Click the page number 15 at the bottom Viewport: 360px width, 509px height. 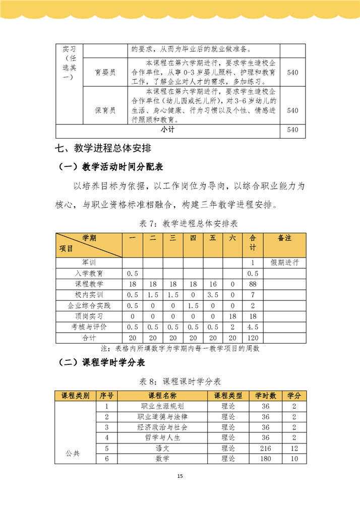[x=180, y=476]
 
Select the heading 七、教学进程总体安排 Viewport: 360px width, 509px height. [x=101, y=148]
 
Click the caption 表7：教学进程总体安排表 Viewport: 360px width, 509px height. [x=180, y=224]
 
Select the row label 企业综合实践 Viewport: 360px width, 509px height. [x=89, y=305]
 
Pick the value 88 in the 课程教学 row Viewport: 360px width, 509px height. [x=253, y=284]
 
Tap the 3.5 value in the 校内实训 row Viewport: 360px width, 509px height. [x=213, y=295]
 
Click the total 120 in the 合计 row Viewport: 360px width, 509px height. [x=253, y=338]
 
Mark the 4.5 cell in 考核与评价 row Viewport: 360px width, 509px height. [x=253, y=328]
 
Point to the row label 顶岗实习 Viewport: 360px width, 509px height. [x=89, y=316]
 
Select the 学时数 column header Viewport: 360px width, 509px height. [x=265, y=396]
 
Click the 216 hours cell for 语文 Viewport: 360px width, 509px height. [x=265, y=448]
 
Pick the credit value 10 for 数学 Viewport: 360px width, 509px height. [x=294, y=459]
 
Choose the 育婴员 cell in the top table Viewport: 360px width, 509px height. [x=105, y=73]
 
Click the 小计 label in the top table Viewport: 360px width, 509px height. [x=168, y=130]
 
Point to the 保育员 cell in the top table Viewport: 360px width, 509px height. [x=105, y=110]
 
